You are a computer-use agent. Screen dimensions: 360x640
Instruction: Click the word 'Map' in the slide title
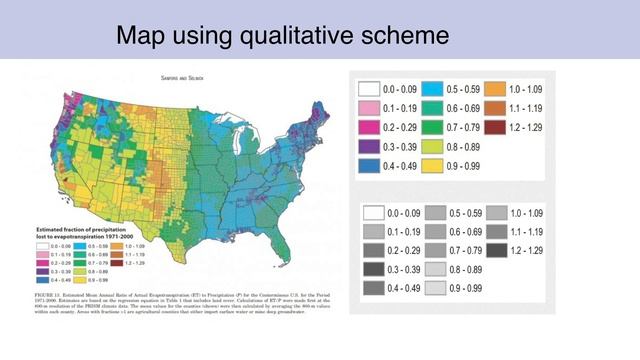tap(139, 36)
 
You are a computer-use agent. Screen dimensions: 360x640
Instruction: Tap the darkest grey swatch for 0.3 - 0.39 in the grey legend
tap(371, 270)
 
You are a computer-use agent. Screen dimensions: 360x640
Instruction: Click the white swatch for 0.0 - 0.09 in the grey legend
tap(371, 213)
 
